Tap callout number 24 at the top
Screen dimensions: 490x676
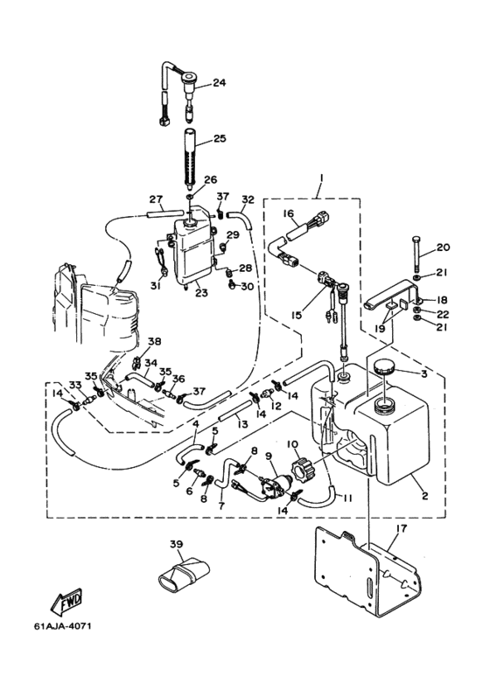219,82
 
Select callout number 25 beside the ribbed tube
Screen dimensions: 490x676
219,139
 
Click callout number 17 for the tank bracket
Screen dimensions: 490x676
401,528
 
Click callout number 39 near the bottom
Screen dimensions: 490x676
176,545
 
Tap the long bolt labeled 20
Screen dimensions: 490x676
416,254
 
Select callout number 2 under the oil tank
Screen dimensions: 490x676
425,496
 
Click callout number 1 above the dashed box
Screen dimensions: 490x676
321,178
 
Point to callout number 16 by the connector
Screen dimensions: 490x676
288,213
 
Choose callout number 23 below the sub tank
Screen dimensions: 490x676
201,293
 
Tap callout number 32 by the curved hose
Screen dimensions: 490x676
248,199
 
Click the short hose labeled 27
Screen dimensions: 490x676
165,213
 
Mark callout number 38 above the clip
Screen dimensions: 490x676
154,341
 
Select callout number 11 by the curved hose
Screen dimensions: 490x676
348,498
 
